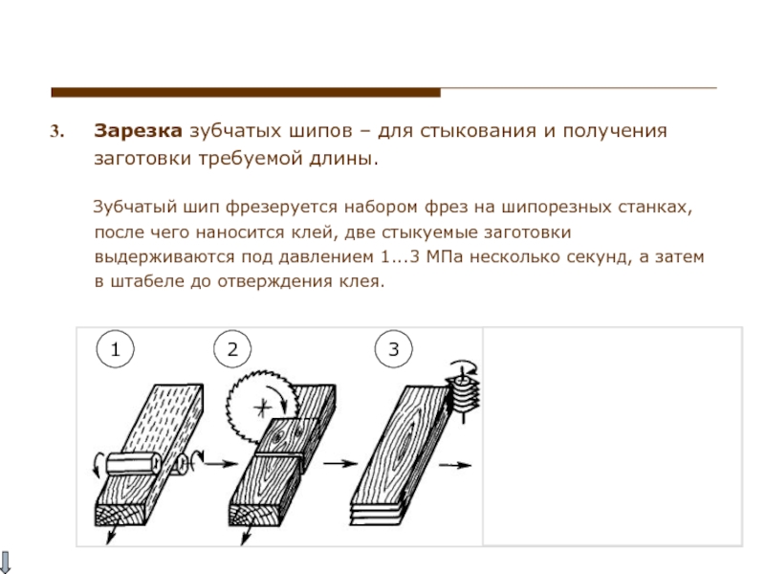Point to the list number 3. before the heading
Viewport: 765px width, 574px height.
click(x=56, y=131)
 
